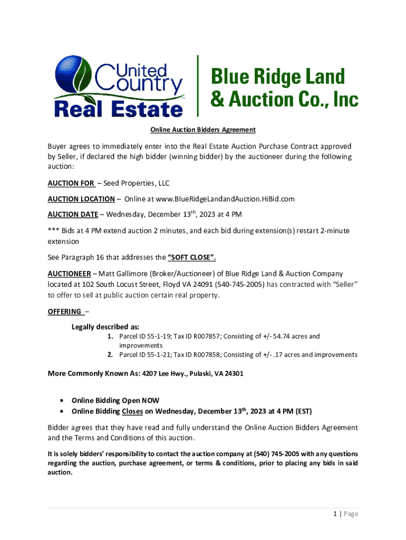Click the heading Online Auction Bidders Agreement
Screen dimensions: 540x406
(203, 130)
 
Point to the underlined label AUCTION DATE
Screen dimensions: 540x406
(73, 215)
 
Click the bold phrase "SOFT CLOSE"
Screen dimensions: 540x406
(192, 258)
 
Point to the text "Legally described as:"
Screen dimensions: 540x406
(105, 327)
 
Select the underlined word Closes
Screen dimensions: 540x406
(132, 411)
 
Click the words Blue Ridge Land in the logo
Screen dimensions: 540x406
(278, 78)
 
